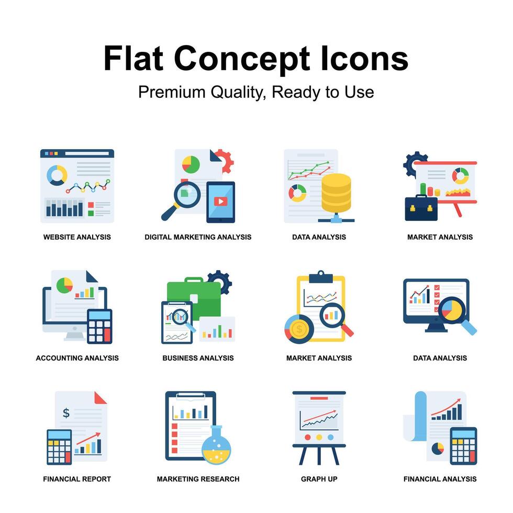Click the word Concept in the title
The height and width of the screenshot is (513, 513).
coord(242,59)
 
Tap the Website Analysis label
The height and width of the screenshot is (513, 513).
coord(77,237)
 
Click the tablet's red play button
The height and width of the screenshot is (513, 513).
coord(220,201)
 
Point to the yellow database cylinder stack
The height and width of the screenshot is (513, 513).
coord(336,193)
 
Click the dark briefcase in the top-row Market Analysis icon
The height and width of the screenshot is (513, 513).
coord(421,208)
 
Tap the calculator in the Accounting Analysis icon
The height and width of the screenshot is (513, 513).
coord(99,326)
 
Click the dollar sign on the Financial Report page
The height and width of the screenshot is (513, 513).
coord(66,413)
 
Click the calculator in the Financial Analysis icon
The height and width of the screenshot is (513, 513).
coord(463,445)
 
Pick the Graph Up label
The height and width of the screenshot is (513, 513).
coord(319,479)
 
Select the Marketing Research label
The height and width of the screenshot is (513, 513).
coord(198,479)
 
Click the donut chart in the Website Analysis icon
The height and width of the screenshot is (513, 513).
coord(57,175)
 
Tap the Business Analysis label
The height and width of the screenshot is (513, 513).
coord(198,358)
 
